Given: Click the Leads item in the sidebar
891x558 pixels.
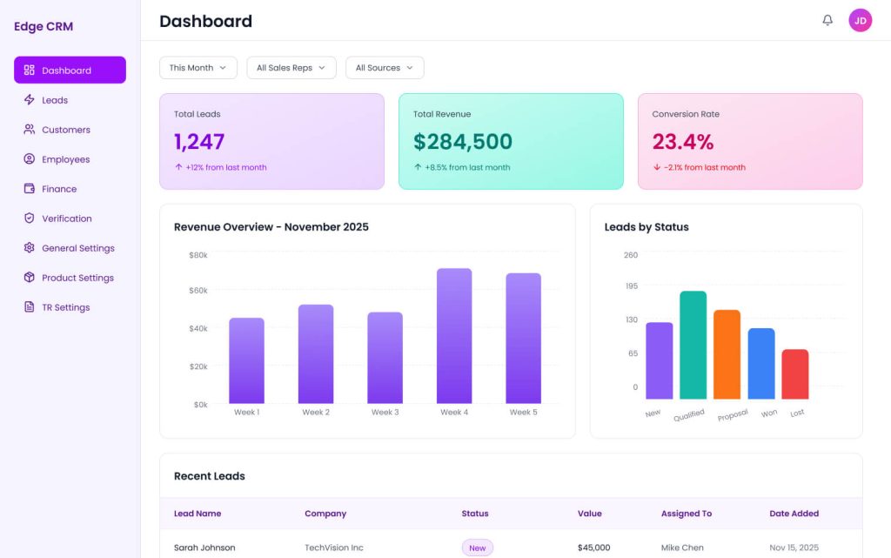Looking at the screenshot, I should (x=54, y=100).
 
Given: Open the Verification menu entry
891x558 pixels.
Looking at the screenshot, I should (x=66, y=218).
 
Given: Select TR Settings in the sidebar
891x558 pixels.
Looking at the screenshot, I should (x=65, y=307).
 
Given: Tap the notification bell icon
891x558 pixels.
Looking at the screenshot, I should (x=827, y=20).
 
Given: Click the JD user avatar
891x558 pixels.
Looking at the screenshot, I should (x=860, y=20).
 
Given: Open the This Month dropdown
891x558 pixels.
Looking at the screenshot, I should (x=198, y=68).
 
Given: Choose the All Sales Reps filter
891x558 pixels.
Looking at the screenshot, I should (x=291, y=68).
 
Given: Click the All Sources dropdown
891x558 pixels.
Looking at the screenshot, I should (x=384, y=68).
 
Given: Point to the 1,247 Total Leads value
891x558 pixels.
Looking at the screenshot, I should (x=199, y=142).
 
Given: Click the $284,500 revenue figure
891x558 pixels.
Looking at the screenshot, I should (x=462, y=142).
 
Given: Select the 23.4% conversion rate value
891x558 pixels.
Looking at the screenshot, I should (x=682, y=142).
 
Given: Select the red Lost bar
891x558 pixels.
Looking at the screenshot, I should (x=794, y=374).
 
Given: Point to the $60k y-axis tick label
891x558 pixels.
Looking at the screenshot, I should (x=198, y=290).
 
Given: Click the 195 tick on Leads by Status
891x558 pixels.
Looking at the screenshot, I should (x=631, y=286).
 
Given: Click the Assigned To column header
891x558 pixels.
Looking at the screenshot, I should (x=686, y=514).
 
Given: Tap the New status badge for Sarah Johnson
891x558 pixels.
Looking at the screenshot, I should (x=477, y=548).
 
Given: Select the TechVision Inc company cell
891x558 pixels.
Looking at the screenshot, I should (x=333, y=548).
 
